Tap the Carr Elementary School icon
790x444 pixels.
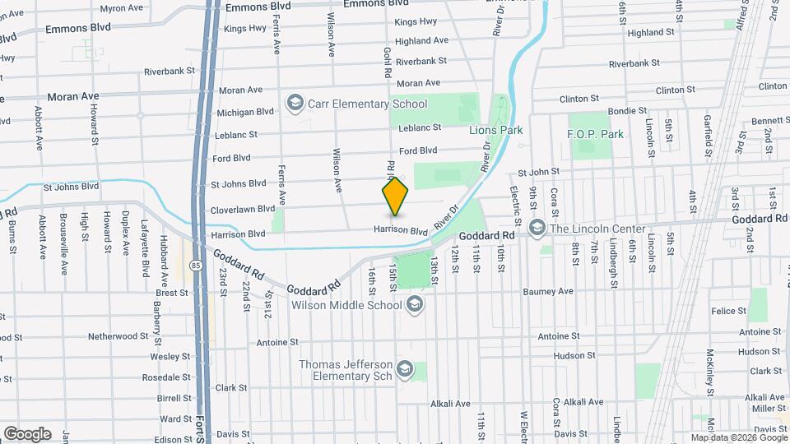(x=295, y=104)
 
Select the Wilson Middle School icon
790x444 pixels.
(x=415, y=305)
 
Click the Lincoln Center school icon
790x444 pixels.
(x=537, y=228)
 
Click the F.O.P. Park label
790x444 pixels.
(x=596, y=134)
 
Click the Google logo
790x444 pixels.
(x=27, y=433)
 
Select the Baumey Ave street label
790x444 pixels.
(x=549, y=291)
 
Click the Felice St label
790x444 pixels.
(x=729, y=311)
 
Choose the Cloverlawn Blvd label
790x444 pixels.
(x=242, y=209)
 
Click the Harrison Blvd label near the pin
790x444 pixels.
(x=401, y=230)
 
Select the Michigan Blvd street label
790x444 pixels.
(x=244, y=112)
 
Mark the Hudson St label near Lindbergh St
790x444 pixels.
(x=574, y=356)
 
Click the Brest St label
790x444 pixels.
(x=172, y=293)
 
